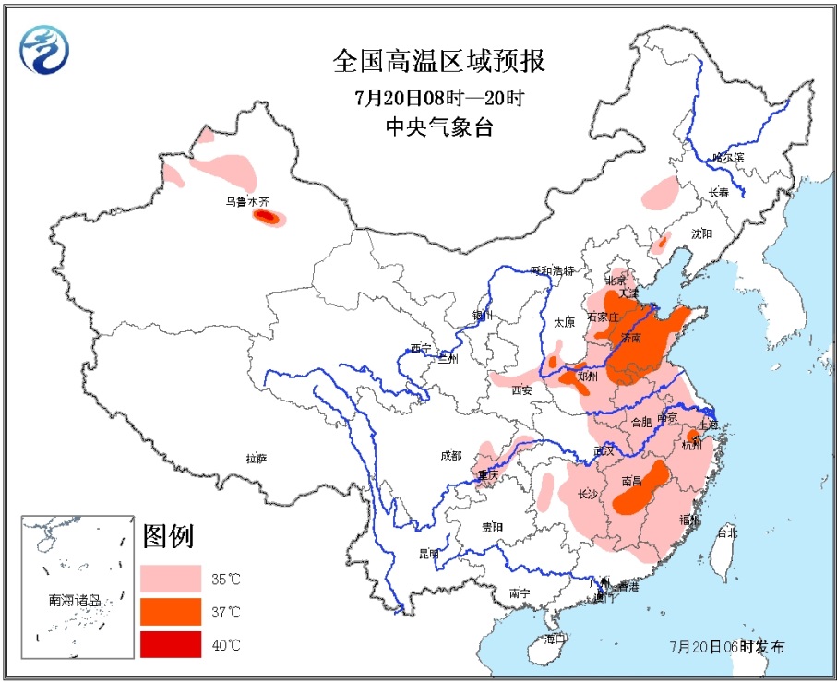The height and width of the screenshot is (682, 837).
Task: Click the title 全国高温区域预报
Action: click(438, 62)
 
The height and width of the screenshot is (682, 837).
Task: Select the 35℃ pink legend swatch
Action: click(171, 579)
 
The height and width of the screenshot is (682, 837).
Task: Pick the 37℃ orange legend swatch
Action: click(171, 611)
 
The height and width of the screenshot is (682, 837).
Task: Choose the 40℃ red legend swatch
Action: click(171, 643)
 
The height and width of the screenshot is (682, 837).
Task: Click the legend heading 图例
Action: click(168, 536)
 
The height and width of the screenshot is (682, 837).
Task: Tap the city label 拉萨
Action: click(256, 458)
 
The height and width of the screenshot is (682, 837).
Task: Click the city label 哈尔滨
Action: click(728, 158)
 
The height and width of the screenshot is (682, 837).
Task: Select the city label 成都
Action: click(450, 455)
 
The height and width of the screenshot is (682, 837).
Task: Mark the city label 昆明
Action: click(429, 554)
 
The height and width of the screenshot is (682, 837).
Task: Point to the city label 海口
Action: click(553, 639)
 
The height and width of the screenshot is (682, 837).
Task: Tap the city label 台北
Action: click(727, 532)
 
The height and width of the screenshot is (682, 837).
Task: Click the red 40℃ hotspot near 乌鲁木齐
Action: click(265, 217)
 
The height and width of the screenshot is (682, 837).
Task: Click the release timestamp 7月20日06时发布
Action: click(728, 646)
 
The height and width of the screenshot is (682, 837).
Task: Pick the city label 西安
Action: click(521, 390)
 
